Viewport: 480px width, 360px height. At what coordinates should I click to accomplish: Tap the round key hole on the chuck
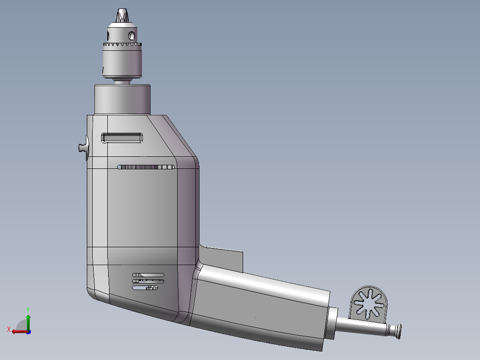[132, 35]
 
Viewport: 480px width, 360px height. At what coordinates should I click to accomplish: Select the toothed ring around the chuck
[122, 45]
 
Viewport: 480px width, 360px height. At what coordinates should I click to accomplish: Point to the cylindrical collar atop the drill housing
[123, 99]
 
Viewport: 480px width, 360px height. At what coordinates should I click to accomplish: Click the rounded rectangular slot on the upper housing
[122, 138]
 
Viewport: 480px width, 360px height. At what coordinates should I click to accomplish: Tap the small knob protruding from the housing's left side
[83, 148]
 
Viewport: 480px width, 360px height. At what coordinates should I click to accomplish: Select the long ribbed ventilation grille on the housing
[146, 167]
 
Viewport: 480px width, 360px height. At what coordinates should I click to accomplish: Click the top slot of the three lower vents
[148, 275]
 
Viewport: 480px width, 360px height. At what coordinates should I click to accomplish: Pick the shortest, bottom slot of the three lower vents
[145, 288]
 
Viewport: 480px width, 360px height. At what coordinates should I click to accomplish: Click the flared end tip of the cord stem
[397, 331]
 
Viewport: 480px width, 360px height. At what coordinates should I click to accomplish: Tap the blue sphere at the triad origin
[28, 331]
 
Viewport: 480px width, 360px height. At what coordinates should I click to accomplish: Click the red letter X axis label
[8, 329]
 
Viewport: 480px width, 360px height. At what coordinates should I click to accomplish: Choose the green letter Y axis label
[28, 309]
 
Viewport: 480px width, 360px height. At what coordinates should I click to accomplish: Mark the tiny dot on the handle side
[256, 318]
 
